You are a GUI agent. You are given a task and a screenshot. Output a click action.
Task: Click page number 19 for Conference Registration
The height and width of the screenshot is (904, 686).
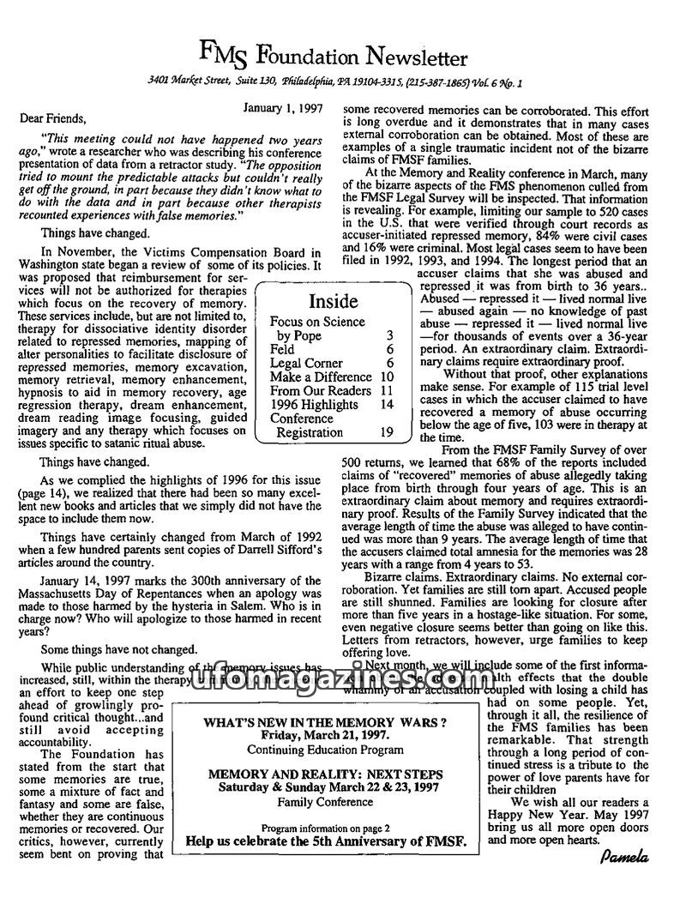tap(387, 433)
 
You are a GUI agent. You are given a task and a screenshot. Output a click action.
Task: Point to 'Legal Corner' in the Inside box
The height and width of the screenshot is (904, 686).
tap(306, 363)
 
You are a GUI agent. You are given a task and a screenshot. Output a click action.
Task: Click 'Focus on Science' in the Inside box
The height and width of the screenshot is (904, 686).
tap(317, 322)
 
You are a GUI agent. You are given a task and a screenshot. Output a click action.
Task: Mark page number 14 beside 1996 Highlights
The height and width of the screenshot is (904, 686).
tap(387, 405)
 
